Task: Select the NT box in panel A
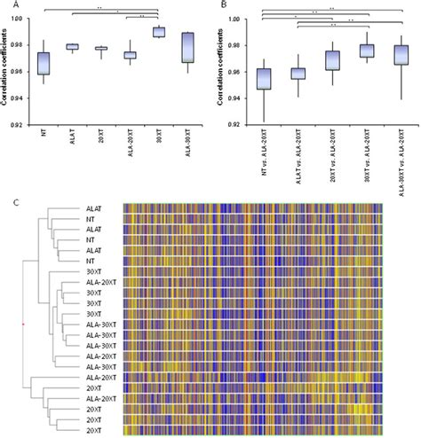point(44,63)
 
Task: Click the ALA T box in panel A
point(73,47)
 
